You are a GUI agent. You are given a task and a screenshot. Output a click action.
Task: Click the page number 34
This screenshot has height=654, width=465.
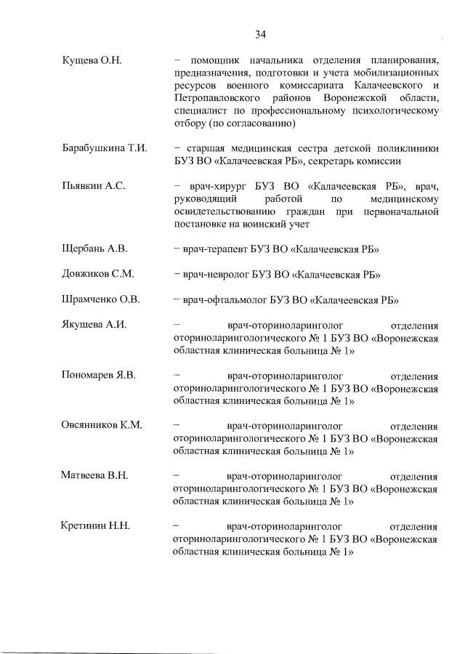pyautogui.click(x=260, y=34)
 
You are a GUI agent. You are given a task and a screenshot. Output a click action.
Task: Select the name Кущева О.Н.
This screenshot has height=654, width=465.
pyautogui.click(x=92, y=60)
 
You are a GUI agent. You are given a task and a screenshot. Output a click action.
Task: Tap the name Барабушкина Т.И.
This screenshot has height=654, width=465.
pyautogui.click(x=105, y=148)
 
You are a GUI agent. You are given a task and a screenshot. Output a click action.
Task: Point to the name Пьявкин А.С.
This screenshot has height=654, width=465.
pyautogui.click(x=94, y=186)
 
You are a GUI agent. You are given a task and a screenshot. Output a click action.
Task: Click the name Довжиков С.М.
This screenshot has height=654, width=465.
pyautogui.click(x=97, y=275)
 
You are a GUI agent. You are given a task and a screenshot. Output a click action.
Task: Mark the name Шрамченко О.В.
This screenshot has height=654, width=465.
pyautogui.click(x=101, y=299)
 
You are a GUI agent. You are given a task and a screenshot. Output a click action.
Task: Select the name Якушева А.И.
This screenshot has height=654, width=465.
pyautogui.click(x=94, y=325)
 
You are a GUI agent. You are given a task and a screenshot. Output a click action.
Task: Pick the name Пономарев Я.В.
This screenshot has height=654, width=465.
pyautogui.click(x=100, y=376)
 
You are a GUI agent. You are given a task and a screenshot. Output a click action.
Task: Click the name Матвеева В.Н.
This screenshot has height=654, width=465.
pyautogui.click(x=94, y=476)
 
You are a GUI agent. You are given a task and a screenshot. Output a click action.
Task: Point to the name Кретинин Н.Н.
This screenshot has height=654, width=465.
pyautogui.click(x=95, y=527)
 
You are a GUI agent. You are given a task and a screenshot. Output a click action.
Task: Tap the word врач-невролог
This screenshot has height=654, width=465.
pyautogui.click(x=218, y=275)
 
